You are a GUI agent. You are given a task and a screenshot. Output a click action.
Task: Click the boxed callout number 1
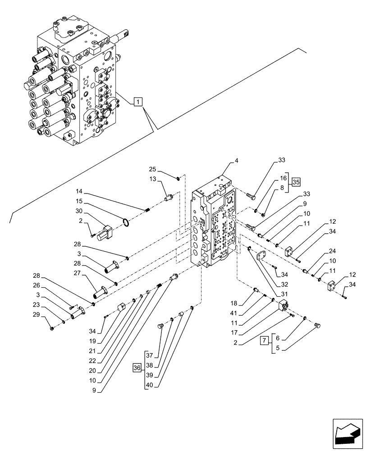click(x=138, y=101)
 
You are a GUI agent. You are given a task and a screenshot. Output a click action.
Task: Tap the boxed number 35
click(x=296, y=183)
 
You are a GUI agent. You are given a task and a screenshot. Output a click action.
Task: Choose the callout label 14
click(x=80, y=192)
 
